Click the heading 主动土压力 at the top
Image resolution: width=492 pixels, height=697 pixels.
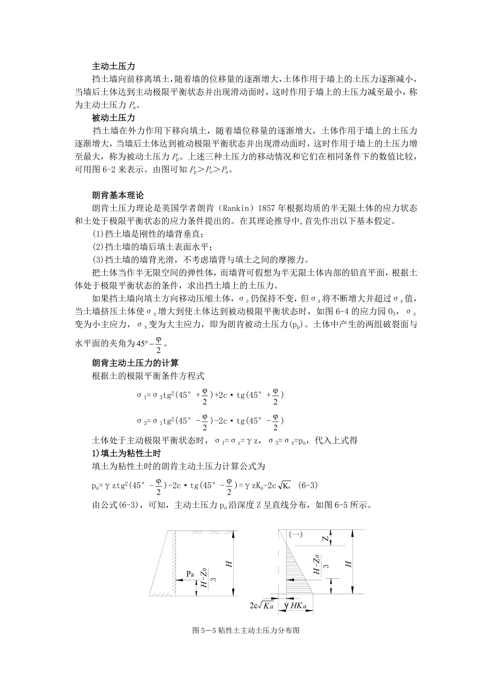[114, 67]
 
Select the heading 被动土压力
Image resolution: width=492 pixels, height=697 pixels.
[114, 117]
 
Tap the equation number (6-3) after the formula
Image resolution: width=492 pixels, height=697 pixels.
[307, 486]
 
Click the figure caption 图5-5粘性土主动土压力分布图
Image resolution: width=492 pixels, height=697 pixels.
[245, 630]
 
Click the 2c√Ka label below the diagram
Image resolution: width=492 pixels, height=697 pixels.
[262, 606]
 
